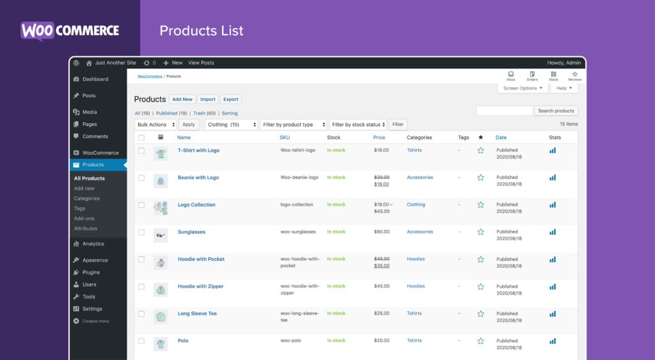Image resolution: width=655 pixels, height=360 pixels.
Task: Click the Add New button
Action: (182, 99)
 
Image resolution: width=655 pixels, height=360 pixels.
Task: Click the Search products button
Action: (556, 111)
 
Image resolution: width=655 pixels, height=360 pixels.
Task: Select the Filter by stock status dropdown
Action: (358, 125)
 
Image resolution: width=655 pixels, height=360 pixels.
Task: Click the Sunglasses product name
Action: (191, 232)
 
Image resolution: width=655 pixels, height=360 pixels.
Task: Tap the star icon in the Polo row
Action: (480, 341)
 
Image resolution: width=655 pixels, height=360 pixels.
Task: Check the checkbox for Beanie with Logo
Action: (141, 178)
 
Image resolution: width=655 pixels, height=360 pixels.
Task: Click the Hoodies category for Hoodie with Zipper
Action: (416, 286)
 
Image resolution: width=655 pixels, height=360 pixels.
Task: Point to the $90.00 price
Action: (382, 232)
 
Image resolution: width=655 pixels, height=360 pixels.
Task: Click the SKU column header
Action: (285, 137)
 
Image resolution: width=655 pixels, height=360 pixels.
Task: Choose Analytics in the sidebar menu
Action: (93, 244)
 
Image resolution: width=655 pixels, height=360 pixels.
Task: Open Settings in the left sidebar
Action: (92, 309)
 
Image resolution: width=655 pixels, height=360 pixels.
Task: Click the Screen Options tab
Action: (523, 88)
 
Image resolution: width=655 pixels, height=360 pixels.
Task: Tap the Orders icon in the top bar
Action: (532, 76)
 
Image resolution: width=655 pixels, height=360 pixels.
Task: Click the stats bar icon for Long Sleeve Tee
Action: (553, 313)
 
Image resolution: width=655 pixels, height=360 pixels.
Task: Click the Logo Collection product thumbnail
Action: (161, 207)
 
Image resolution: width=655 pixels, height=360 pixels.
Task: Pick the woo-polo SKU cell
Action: (291, 341)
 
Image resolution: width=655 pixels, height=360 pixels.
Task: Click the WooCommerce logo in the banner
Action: (70, 31)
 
